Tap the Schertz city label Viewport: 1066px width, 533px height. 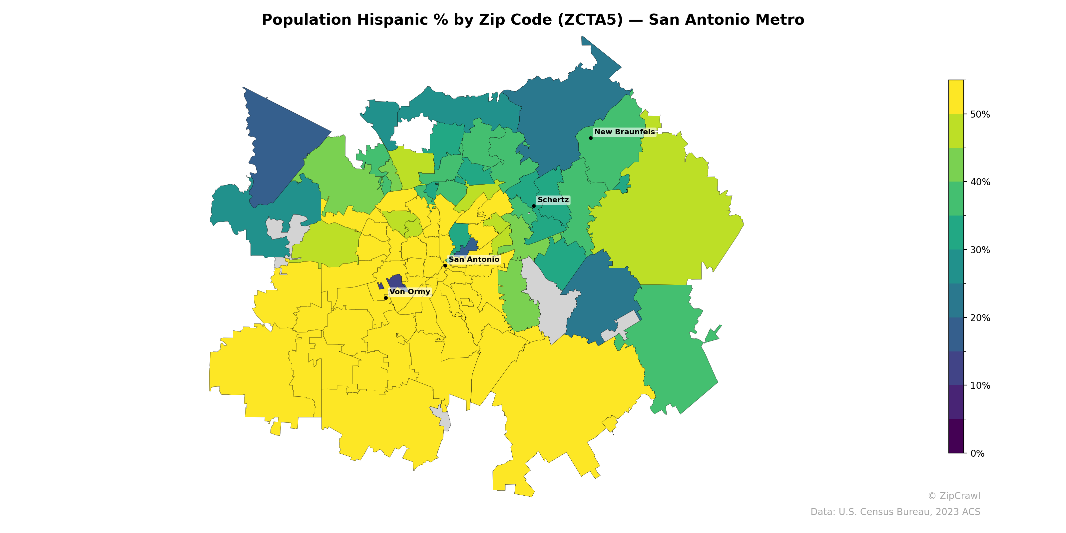(553, 200)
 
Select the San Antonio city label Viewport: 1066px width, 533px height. (474, 260)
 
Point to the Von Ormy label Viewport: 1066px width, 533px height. (410, 292)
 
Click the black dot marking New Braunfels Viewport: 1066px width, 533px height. (591, 138)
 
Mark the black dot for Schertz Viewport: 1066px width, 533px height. (534, 206)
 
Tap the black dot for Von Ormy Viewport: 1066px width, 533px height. (386, 298)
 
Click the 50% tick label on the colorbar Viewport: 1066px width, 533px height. (980, 115)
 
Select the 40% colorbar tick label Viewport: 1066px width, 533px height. (980, 183)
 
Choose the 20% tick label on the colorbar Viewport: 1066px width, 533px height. (980, 318)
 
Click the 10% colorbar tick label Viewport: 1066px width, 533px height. (980, 386)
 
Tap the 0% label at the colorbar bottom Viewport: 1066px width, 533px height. (977, 453)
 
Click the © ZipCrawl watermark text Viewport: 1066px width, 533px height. (954, 496)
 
